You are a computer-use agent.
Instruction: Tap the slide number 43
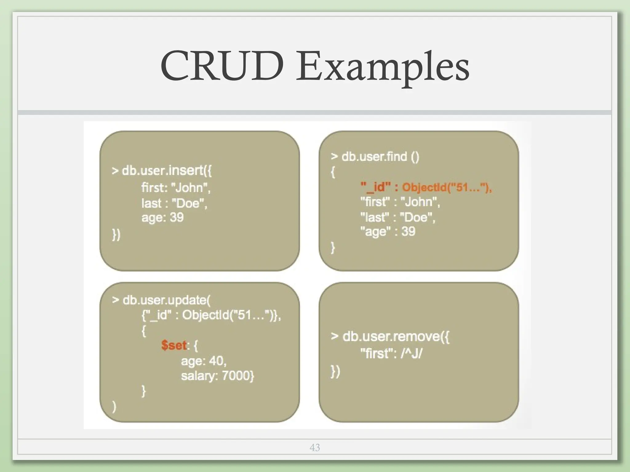(x=315, y=447)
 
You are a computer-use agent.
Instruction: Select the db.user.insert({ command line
(x=162, y=170)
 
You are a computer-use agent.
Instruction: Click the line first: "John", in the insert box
(x=176, y=187)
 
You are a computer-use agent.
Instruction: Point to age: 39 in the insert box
(x=162, y=217)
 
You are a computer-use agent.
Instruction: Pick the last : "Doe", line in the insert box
(x=174, y=203)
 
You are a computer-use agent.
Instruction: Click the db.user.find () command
(x=375, y=156)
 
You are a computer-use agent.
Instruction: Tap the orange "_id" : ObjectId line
(x=426, y=187)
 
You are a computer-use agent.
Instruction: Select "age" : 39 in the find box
(x=388, y=231)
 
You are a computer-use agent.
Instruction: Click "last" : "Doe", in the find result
(x=398, y=217)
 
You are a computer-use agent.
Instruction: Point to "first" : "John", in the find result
(x=400, y=202)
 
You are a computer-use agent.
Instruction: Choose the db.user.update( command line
(x=161, y=300)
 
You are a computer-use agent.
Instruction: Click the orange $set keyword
(x=174, y=345)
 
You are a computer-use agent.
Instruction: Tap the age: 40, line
(x=204, y=361)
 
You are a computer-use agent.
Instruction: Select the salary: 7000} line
(x=217, y=376)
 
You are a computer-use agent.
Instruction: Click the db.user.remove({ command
(x=390, y=336)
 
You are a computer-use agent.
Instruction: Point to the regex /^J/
(x=412, y=353)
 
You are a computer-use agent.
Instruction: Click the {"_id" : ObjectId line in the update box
(x=211, y=315)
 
